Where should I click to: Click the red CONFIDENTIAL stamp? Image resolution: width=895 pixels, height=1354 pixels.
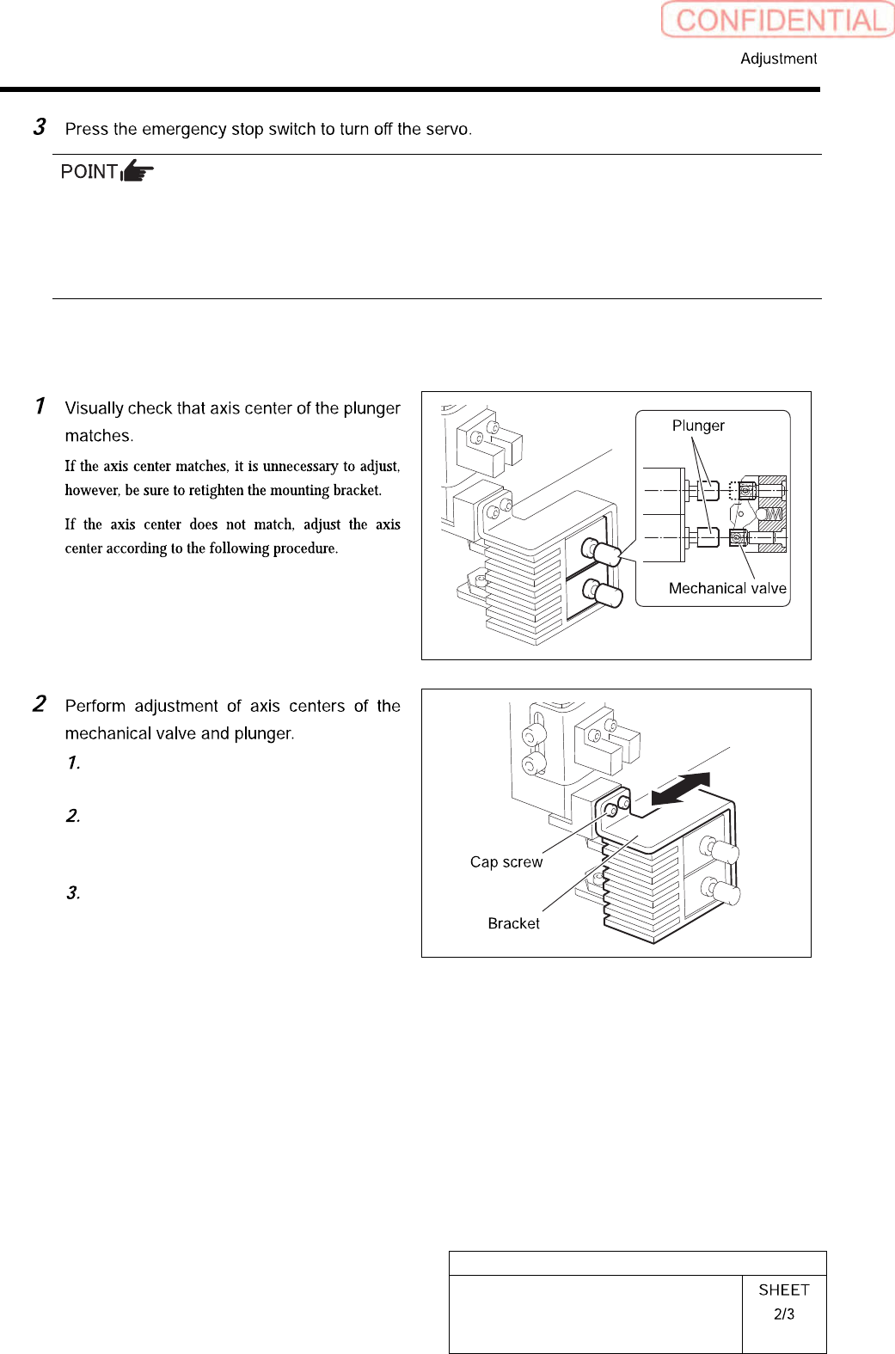(778, 20)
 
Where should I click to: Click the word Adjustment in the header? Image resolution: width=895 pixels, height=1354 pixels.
(778, 58)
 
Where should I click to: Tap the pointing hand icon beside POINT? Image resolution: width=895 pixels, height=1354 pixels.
(138, 171)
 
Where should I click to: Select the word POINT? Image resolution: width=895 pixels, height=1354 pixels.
(89, 172)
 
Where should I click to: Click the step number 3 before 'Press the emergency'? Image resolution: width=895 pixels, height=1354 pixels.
(39, 127)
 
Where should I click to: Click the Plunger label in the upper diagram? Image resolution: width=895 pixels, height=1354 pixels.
(698, 426)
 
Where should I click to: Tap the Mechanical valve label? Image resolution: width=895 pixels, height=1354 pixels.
(727, 588)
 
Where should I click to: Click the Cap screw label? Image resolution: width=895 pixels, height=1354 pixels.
(506, 862)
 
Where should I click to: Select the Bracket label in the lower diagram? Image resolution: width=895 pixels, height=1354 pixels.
(513, 923)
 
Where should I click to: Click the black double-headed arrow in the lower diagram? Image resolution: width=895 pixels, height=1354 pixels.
(681, 788)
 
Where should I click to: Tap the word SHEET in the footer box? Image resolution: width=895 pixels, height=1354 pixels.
(784, 1290)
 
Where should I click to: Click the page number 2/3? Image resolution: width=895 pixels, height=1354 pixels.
(784, 1314)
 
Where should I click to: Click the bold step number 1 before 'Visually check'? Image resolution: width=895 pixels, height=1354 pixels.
(40, 406)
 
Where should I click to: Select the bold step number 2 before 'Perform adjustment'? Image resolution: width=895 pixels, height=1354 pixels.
(39, 704)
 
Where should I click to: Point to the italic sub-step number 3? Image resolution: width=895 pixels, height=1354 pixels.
(73, 893)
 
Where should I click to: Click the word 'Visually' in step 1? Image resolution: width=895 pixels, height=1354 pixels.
(94, 408)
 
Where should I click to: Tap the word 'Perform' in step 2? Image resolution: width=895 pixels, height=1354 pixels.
(95, 707)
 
